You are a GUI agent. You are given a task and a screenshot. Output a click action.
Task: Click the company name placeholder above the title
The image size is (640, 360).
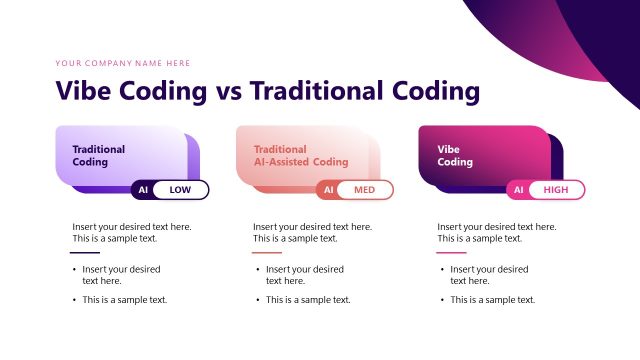click(x=123, y=63)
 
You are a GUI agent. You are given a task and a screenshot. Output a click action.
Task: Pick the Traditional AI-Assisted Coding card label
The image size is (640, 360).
click(x=300, y=155)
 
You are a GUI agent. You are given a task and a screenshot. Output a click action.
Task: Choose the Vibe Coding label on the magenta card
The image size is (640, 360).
click(x=455, y=155)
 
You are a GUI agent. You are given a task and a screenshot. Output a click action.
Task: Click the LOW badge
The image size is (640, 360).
click(x=181, y=190)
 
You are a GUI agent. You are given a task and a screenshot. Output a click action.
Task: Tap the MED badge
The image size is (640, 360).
click(x=365, y=190)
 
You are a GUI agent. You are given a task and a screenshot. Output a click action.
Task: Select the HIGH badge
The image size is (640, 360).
click(x=557, y=190)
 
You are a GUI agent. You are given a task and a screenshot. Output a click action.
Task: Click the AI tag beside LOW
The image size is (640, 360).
click(x=143, y=190)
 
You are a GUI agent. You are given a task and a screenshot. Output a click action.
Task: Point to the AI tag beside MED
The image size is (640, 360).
click(x=327, y=190)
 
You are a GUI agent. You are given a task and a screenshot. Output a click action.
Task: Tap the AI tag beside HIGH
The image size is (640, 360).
click(x=518, y=190)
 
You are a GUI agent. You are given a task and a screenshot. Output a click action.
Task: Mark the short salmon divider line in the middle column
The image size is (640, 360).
click(x=267, y=253)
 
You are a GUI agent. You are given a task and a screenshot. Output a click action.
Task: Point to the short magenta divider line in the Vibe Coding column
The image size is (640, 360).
click(x=452, y=253)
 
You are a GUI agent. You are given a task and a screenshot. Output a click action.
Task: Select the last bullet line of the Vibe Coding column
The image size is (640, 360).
click(x=492, y=300)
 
